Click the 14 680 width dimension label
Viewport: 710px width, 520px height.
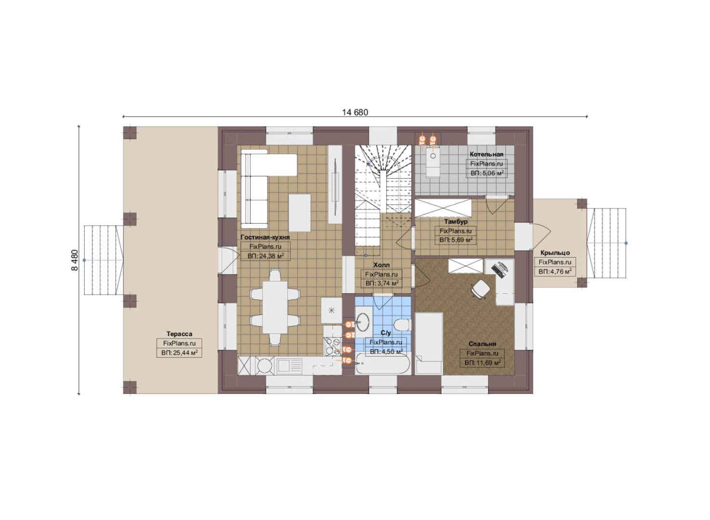click(x=355, y=113)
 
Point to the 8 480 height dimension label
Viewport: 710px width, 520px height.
click(x=75, y=260)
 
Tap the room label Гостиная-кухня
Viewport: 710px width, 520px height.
click(x=265, y=237)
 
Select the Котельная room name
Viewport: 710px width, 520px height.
click(x=486, y=155)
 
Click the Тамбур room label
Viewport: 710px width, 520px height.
click(x=456, y=222)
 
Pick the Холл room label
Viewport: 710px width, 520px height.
click(x=381, y=265)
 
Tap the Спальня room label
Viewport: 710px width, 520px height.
click(x=482, y=344)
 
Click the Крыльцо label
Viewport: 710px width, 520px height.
click(x=555, y=253)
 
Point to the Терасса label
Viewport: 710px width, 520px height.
click(x=179, y=334)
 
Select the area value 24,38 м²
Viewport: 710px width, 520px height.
click(x=265, y=256)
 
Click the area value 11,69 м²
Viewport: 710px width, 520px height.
click(x=483, y=363)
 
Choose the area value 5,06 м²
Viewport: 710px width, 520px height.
click(x=487, y=173)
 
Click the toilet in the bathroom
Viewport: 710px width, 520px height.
click(x=402, y=325)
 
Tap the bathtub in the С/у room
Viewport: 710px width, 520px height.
click(x=382, y=364)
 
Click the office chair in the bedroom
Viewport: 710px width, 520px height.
click(x=481, y=289)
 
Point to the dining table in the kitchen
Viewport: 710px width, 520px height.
click(x=275, y=307)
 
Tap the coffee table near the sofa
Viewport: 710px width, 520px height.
click(x=299, y=213)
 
